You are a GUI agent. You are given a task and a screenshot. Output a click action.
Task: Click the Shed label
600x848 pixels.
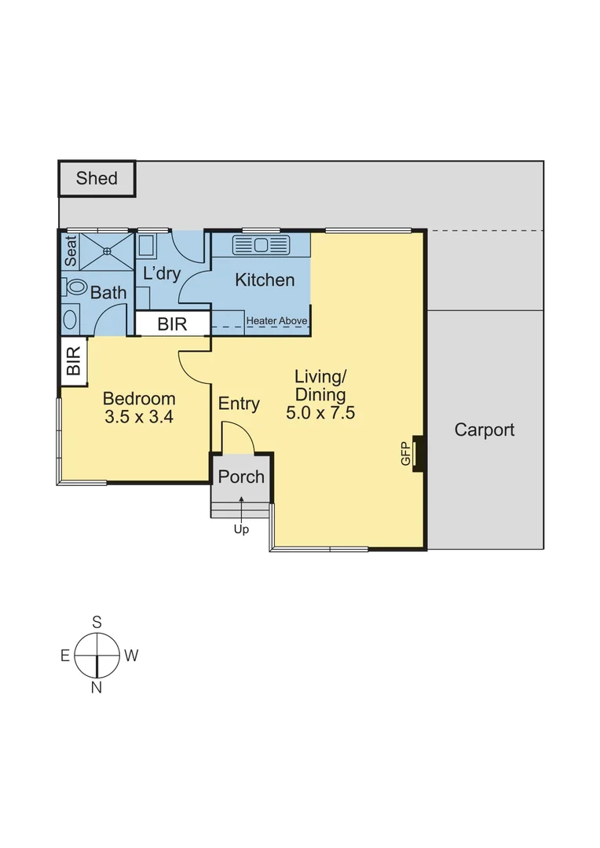click(97, 178)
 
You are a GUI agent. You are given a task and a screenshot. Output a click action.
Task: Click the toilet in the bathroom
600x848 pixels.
click(75, 287)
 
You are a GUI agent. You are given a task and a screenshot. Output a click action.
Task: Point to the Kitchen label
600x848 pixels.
click(265, 280)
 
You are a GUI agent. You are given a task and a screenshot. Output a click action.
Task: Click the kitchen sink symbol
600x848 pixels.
click(262, 245)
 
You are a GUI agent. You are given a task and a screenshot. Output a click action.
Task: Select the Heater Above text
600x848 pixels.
click(276, 321)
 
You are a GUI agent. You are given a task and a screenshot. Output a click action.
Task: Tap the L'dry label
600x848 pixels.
click(162, 274)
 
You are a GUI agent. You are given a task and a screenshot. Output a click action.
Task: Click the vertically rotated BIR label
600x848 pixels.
click(73, 361)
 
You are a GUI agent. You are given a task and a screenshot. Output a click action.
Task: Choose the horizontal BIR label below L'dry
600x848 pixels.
click(172, 323)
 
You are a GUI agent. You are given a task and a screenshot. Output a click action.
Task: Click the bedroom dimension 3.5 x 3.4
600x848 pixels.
click(139, 417)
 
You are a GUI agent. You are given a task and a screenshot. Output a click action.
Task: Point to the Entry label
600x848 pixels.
click(239, 404)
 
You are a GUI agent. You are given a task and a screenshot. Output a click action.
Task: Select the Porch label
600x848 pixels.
click(241, 477)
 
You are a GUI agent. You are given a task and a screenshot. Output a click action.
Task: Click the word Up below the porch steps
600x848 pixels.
click(241, 530)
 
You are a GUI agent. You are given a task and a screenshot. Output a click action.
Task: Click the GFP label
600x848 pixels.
click(406, 455)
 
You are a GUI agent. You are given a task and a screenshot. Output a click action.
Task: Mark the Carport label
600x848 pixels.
click(485, 429)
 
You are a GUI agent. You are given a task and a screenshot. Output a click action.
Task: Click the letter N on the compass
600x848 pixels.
click(97, 689)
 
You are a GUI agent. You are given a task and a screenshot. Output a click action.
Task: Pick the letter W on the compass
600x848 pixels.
click(131, 656)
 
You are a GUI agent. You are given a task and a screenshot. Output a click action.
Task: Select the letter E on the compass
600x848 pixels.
click(65, 656)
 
